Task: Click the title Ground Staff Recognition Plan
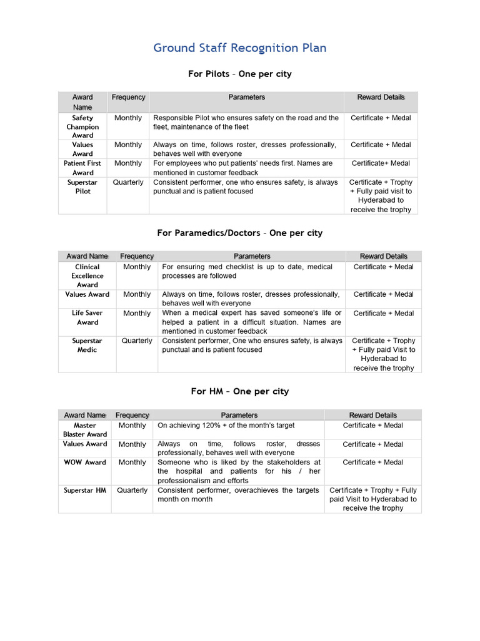click(x=240, y=48)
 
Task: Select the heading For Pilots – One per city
click(x=240, y=74)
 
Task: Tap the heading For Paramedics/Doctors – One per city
click(x=240, y=233)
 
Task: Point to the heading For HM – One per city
click(x=240, y=391)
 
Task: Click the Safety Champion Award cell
click(x=82, y=126)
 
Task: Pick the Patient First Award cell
click(x=82, y=168)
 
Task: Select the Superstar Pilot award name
click(x=82, y=187)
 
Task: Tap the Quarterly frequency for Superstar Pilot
click(x=128, y=182)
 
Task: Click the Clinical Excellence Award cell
click(x=87, y=275)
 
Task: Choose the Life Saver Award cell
click(x=87, y=317)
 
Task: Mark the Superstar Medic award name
click(x=87, y=345)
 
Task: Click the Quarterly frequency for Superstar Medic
click(x=137, y=341)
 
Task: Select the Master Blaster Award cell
click(x=85, y=429)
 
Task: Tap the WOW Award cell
click(x=85, y=462)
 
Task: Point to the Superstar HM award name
click(x=85, y=490)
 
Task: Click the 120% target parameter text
click(x=226, y=425)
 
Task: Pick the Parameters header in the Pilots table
click(x=246, y=97)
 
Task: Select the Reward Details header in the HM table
click(x=373, y=415)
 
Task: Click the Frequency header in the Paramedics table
click(x=137, y=256)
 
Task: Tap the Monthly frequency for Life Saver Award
click(x=137, y=313)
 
